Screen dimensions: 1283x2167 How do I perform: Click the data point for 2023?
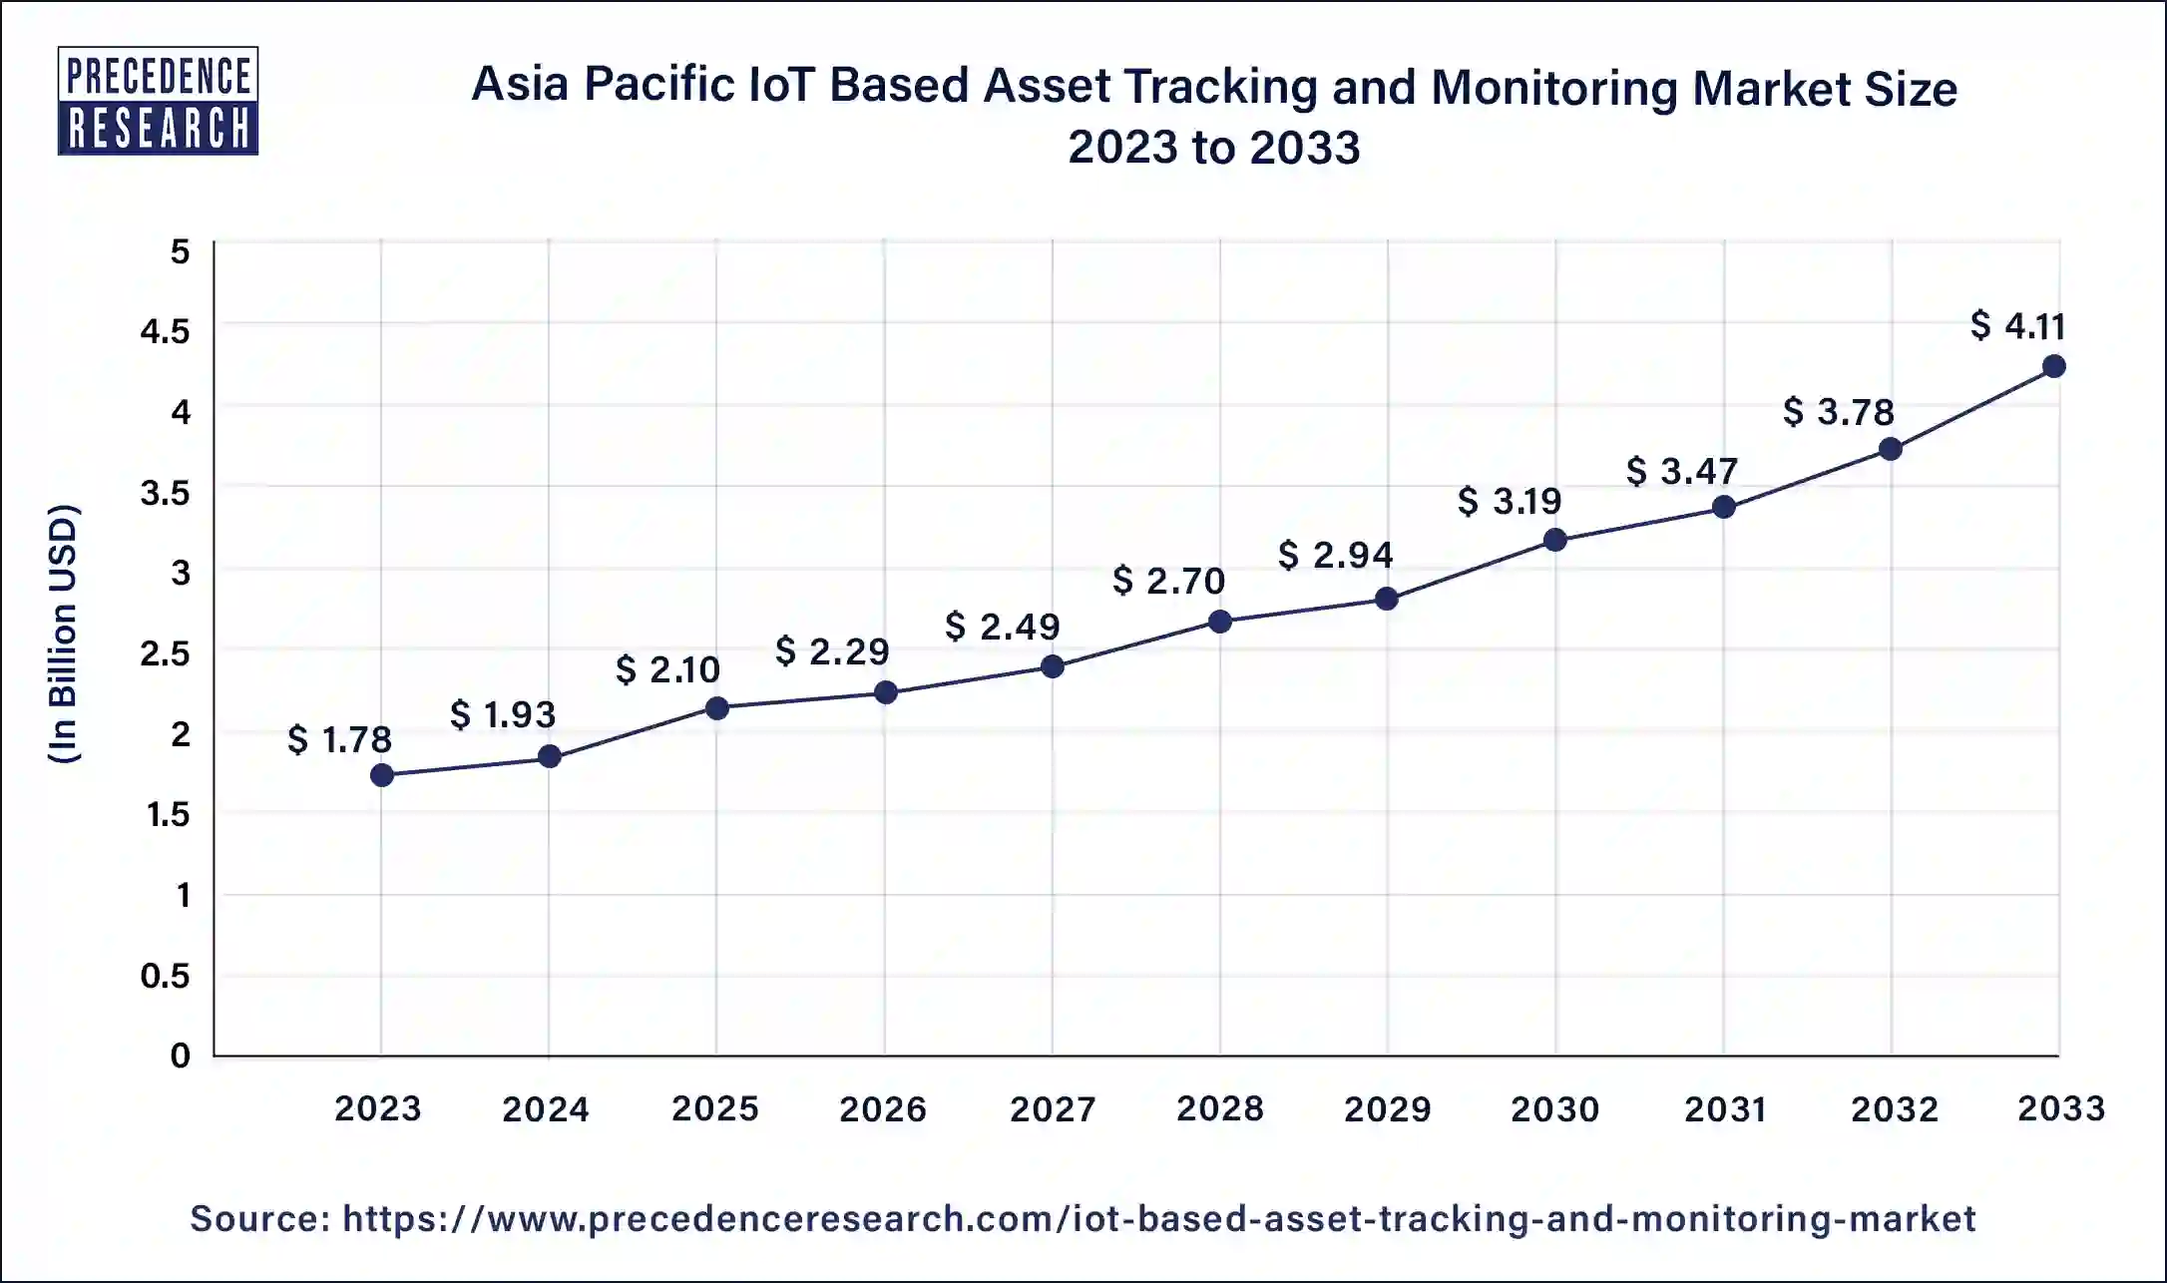pos(381,775)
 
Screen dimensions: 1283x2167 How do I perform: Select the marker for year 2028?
pos(1219,622)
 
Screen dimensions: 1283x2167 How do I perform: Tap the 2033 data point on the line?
pos(2053,366)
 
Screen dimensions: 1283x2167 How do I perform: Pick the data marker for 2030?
pos(1554,541)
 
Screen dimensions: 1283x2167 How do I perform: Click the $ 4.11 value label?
pos(2017,326)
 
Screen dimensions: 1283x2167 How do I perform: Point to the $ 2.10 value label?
pos(667,669)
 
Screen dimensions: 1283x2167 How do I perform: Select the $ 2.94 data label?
pos(1335,555)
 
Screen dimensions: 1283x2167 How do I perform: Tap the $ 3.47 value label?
pos(1682,471)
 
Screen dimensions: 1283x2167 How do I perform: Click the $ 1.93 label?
pos(503,714)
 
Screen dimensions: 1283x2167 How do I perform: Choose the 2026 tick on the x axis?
pos(883,1108)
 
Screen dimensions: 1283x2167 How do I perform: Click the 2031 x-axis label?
pos(1725,1108)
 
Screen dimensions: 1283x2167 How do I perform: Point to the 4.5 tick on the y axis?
pos(165,331)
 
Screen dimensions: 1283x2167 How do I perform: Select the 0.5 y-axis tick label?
pos(165,976)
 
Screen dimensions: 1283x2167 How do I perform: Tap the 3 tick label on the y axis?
pos(181,573)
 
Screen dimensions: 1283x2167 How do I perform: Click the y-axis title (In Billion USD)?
pos(63,634)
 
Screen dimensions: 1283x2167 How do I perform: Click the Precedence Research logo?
pos(158,101)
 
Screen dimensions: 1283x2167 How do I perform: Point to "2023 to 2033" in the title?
pos(1213,148)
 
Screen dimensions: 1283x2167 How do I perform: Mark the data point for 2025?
pos(716,708)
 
